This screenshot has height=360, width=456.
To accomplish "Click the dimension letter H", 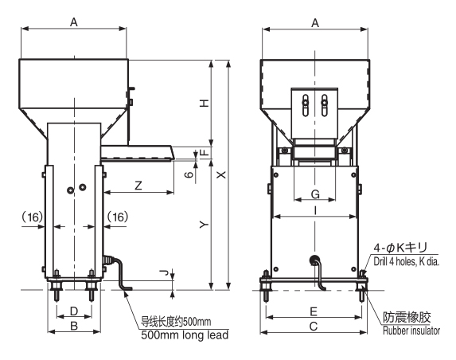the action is click(x=205, y=103).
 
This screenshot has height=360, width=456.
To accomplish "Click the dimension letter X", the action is click(x=221, y=174).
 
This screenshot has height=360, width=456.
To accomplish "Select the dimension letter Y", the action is click(x=205, y=225).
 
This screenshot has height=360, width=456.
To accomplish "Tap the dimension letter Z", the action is click(x=138, y=186).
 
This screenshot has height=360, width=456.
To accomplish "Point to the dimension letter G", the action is click(x=315, y=194).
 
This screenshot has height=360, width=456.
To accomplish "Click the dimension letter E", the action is click(x=314, y=311).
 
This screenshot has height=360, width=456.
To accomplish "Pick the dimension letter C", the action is click(x=314, y=327).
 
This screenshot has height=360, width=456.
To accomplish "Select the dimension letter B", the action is click(x=74, y=326).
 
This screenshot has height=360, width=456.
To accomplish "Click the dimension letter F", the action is click(x=205, y=152).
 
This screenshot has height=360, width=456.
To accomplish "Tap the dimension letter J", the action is click(x=165, y=273).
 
